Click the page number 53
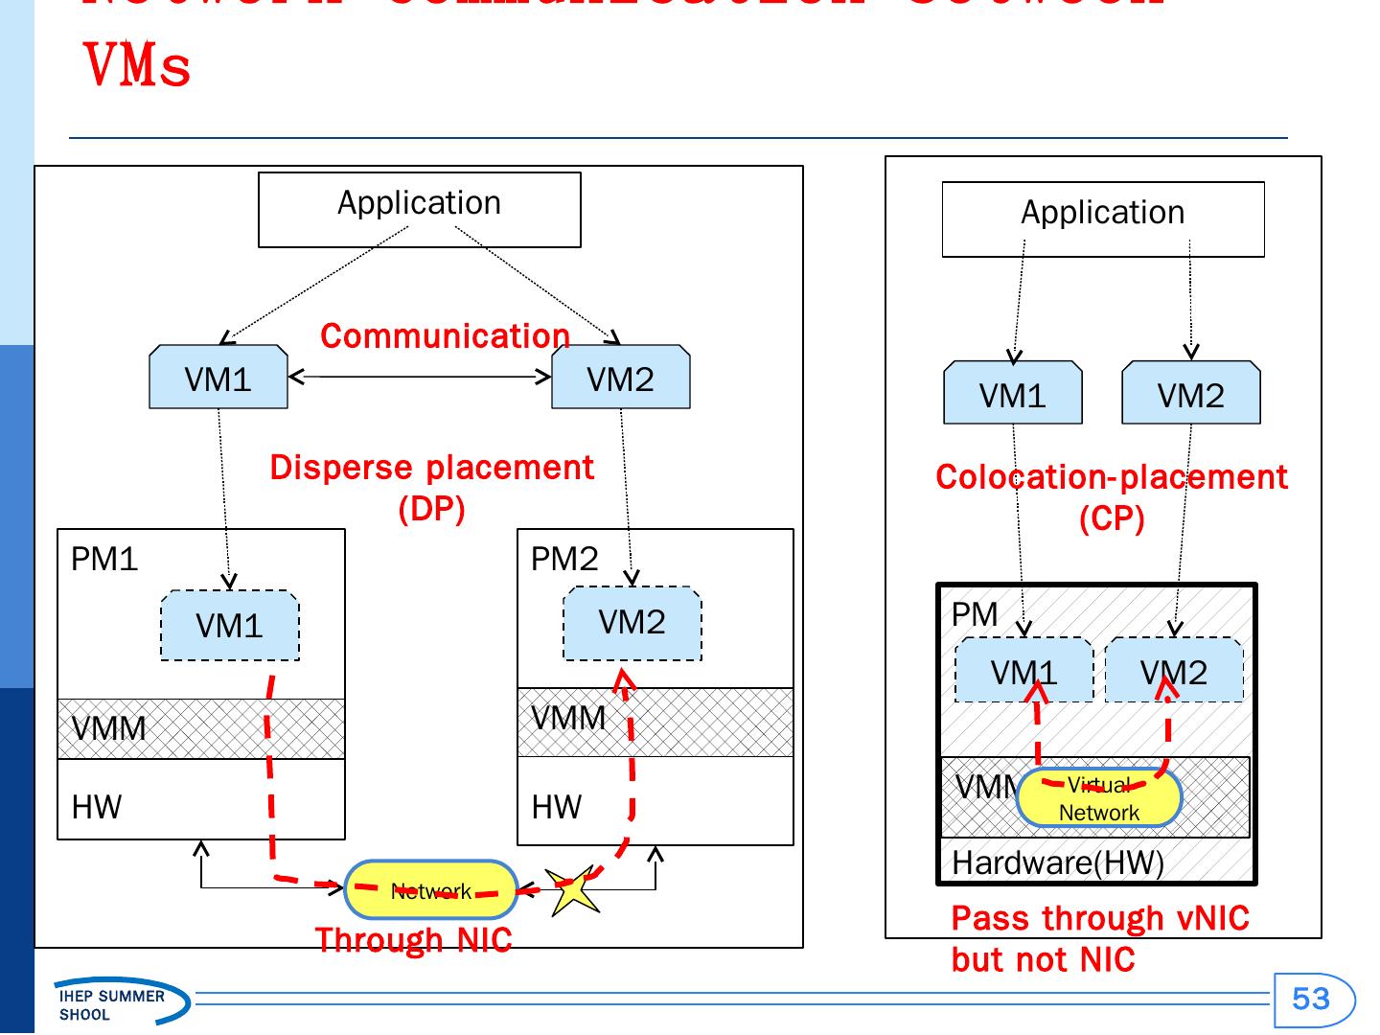tap(1311, 1000)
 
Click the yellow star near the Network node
tap(572, 891)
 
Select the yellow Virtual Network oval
tap(1098, 798)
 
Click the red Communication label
tap(445, 336)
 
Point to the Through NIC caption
tap(413, 940)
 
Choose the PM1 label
tap(104, 559)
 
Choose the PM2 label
tap(564, 559)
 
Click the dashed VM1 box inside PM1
tap(230, 626)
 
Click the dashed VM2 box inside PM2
tap(632, 623)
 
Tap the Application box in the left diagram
tap(420, 210)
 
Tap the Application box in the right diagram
tap(1103, 219)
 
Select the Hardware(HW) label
tap(1057, 862)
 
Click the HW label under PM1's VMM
tap(97, 807)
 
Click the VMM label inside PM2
tap(568, 718)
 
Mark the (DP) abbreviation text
tap(431, 509)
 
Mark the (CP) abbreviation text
tap(1112, 518)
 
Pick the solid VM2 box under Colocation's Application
tap(1190, 394)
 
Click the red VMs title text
tap(138, 65)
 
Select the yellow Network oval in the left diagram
tap(431, 890)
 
